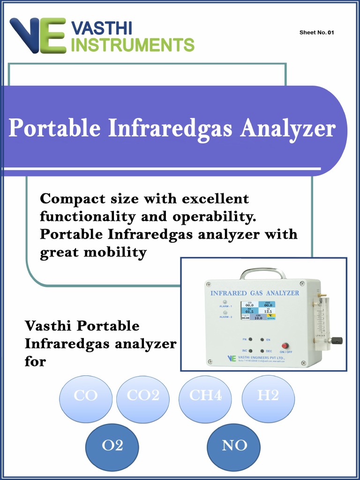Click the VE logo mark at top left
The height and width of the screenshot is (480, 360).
click(x=37, y=35)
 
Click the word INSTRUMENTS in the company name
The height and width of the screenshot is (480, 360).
click(x=135, y=45)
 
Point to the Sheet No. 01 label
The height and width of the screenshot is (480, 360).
click(x=316, y=32)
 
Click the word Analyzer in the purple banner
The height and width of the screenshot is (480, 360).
click(x=288, y=128)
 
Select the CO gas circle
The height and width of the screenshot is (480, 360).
click(x=86, y=396)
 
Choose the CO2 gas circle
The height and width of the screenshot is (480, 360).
click(x=142, y=396)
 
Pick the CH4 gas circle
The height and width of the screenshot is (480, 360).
click(x=205, y=396)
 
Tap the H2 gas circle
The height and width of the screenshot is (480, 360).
click(x=268, y=396)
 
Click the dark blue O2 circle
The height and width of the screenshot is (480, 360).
click(x=112, y=446)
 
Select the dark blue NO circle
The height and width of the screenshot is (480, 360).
click(x=234, y=446)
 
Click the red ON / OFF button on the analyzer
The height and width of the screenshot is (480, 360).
click(x=285, y=346)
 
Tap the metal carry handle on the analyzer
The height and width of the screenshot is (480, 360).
click(x=262, y=273)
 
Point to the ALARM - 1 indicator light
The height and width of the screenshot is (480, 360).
click(x=225, y=302)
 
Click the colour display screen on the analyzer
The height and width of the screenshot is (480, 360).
click(x=258, y=310)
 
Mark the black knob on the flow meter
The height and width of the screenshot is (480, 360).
click(x=337, y=340)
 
